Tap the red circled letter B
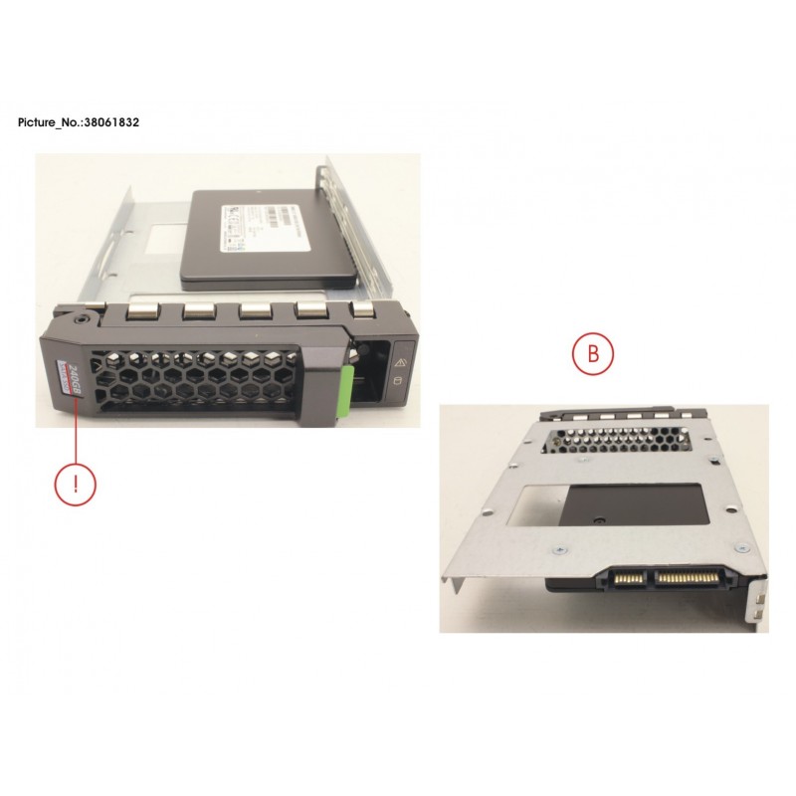pos(592,353)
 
